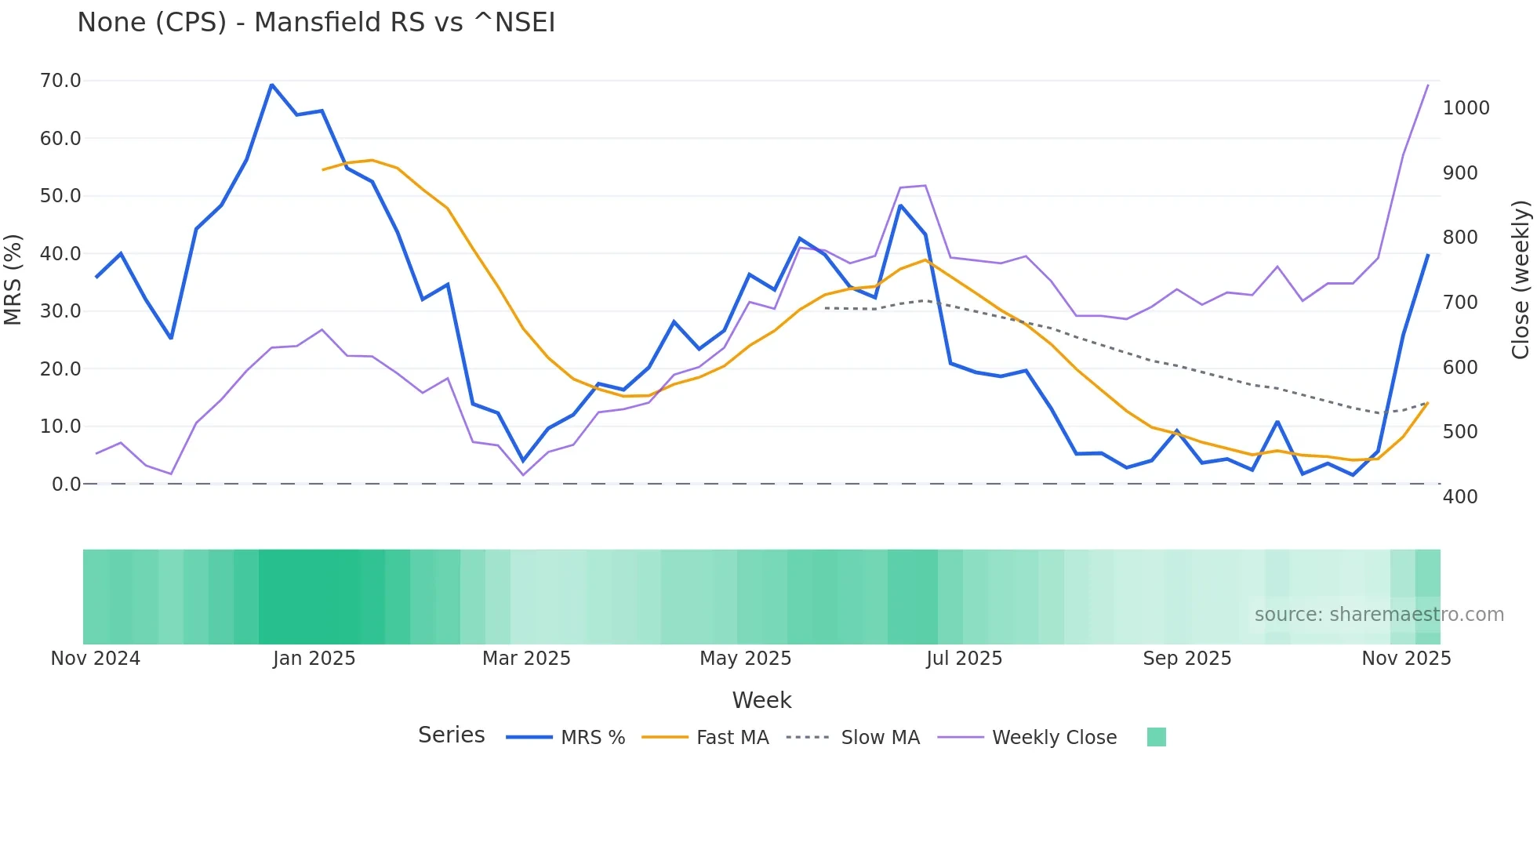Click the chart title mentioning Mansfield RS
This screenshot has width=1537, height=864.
(x=316, y=23)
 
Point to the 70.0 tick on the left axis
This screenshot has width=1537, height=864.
(x=60, y=81)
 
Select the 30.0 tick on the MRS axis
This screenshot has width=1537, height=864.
(x=60, y=311)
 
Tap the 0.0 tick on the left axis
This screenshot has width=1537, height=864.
(x=66, y=485)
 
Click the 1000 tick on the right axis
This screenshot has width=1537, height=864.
(x=1466, y=108)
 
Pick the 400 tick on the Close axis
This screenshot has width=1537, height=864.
(x=1460, y=497)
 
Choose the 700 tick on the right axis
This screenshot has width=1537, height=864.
(x=1460, y=303)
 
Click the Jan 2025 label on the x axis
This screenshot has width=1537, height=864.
(x=314, y=659)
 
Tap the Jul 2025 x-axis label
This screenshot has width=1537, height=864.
(x=964, y=659)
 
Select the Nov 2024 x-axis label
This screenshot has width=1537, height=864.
(x=96, y=659)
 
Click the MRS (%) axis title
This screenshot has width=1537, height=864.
(x=13, y=280)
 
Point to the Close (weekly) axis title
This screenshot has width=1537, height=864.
(x=1521, y=280)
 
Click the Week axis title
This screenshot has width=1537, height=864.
(x=761, y=700)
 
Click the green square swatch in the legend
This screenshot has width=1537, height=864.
(x=1156, y=737)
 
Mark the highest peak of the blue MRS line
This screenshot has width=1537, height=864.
(x=271, y=85)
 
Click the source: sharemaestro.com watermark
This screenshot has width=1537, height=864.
(x=1379, y=615)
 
